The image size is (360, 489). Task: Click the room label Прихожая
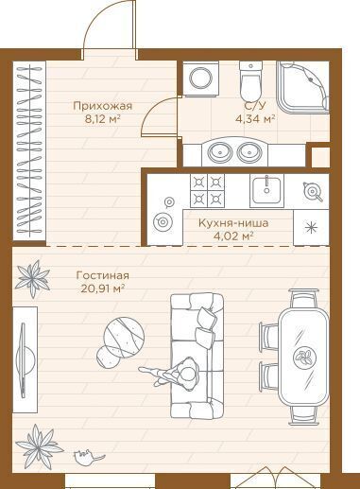click(102, 106)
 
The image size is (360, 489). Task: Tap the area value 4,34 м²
click(255, 119)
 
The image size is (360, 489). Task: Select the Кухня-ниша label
click(233, 223)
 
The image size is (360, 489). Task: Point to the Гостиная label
click(103, 275)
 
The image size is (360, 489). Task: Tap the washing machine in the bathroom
click(200, 79)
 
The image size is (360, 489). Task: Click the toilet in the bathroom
click(250, 80)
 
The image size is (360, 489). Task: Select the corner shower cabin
click(302, 87)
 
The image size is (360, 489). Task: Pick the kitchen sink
click(266, 191)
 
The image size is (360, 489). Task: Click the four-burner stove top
click(207, 191)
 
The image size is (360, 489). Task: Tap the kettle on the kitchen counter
click(313, 191)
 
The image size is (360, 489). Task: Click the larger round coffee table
click(125, 338)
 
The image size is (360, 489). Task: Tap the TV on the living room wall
click(24, 359)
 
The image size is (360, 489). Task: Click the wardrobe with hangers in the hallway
click(29, 150)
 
